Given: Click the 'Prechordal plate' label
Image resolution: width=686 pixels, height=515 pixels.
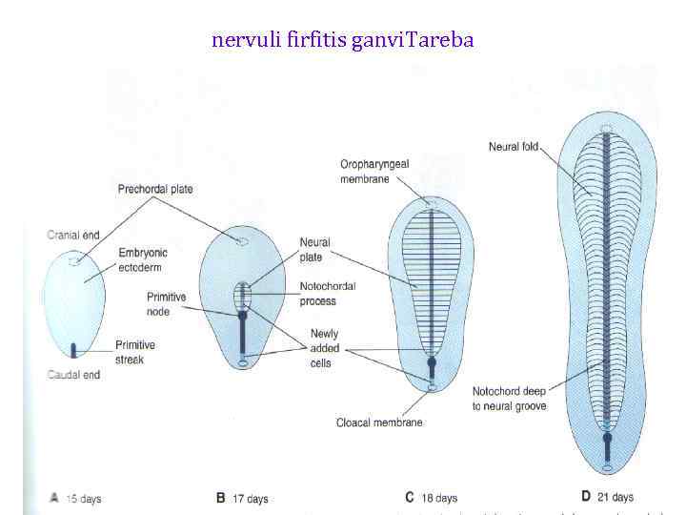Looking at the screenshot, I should [155, 189].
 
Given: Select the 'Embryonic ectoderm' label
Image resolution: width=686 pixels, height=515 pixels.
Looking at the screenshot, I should [143, 260].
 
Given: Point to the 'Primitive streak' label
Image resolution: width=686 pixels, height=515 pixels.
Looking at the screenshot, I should [136, 352].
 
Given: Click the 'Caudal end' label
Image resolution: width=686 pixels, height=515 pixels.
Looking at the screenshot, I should [73, 375].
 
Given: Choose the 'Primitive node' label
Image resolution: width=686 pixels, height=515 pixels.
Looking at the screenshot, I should [167, 304].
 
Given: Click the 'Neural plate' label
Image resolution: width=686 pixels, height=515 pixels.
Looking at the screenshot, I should [314, 250].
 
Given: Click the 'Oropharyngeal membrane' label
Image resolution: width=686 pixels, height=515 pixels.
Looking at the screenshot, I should [374, 172].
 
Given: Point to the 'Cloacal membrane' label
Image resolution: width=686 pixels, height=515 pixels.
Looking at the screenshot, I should [379, 422].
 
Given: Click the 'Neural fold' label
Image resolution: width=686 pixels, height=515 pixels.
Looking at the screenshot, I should [514, 147].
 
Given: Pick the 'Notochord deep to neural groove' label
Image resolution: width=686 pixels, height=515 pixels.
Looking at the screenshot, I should [510, 398].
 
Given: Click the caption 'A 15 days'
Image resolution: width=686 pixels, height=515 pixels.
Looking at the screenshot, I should [75, 498].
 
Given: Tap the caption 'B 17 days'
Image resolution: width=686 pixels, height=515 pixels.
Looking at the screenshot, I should [244, 498].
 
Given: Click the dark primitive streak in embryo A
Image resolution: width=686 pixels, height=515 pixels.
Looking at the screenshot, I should [72, 348].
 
